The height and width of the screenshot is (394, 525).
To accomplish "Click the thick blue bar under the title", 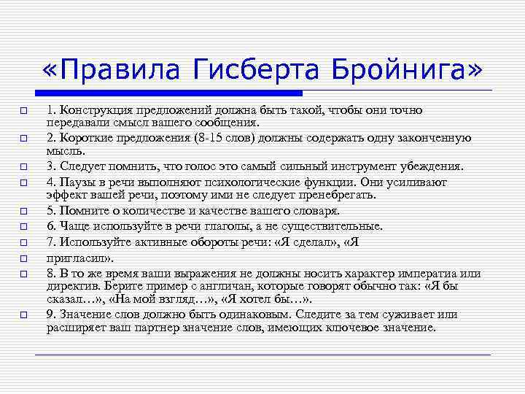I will [168, 93].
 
